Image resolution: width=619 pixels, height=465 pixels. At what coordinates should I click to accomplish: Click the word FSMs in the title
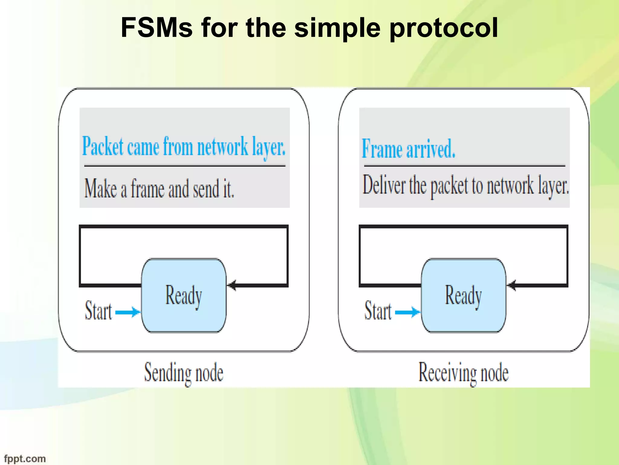click(157, 28)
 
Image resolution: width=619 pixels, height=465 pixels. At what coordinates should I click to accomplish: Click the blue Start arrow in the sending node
click(128, 312)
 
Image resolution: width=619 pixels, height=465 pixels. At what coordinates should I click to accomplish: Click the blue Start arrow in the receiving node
click(407, 312)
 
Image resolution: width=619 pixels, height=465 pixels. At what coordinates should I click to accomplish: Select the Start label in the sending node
click(98, 311)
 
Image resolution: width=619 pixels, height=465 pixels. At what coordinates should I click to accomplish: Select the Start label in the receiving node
click(378, 311)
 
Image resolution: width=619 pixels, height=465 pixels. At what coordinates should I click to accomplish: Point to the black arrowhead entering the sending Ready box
click(232, 285)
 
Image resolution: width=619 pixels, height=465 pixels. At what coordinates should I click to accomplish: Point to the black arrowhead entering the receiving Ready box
click(511, 285)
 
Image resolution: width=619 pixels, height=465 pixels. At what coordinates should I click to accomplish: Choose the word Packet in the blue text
click(103, 147)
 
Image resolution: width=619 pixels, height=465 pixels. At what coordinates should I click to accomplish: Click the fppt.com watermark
click(25, 459)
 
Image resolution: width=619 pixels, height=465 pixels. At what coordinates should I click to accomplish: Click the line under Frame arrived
click(465, 166)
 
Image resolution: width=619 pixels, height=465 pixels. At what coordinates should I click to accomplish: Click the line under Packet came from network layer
click(185, 166)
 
